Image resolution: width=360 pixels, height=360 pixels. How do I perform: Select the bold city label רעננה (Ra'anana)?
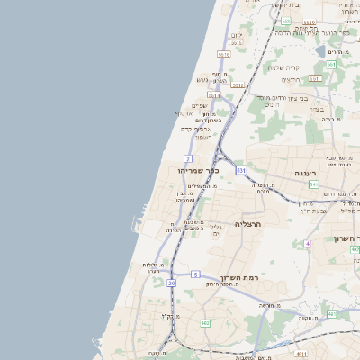click(310, 172)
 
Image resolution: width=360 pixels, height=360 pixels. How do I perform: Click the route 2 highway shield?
click(188, 158)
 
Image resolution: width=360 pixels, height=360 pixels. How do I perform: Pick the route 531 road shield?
click(241, 169)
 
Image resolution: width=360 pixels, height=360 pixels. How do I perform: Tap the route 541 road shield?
click(312, 184)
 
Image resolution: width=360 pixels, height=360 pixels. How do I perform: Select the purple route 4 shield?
click(308, 244)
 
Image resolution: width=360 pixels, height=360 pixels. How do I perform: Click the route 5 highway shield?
click(195, 273)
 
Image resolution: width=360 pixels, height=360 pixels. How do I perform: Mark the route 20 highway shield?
click(171, 283)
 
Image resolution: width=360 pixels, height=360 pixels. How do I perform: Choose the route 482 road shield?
click(205, 322)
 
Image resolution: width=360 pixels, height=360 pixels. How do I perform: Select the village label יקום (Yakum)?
click(237, 36)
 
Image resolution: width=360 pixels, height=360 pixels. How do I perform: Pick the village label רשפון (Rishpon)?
click(202, 138)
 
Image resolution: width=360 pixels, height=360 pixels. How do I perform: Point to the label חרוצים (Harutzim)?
click(291, 81)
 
